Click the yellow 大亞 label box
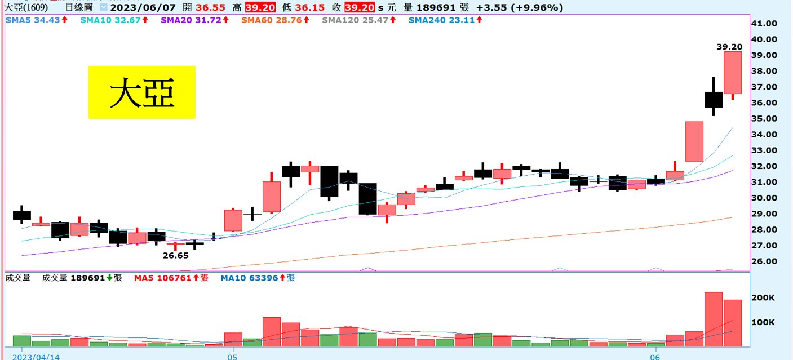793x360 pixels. (141, 92)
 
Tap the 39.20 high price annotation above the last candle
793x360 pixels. (729, 47)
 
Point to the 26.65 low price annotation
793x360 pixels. (175, 255)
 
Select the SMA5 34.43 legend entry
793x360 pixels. (37, 20)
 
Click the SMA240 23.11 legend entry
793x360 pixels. (444, 20)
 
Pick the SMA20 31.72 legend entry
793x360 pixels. (193, 20)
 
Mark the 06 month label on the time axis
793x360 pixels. (654, 357)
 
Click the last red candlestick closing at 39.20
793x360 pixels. (733, 73)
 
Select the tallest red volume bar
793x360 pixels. (714, 319)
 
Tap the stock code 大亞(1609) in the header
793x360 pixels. (25, 7)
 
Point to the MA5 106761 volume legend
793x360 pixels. (171, 278)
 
